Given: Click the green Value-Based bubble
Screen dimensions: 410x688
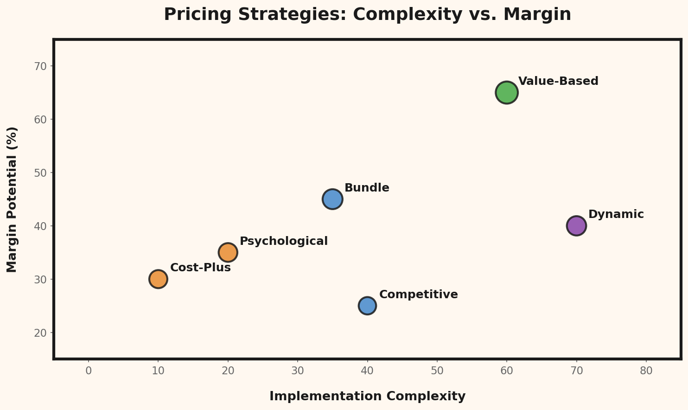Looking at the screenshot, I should pyautogui.click(x=507, y=92).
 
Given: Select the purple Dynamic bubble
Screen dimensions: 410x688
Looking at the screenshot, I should pyautogui.click(x=576, y=226).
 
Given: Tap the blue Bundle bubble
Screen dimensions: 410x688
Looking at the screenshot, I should pyautogui.click(x=332, y=199).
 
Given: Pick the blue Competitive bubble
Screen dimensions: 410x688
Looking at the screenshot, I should pyautogui.click(x=367, y=306).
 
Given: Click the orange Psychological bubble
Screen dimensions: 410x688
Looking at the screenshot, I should pyautogui.click(x=228, y=252).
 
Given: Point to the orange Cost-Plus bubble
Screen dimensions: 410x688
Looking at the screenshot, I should pyautogui.click(x=158, y=279).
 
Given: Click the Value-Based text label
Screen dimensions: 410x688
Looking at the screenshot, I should pyautogui.click(x=558, y=81).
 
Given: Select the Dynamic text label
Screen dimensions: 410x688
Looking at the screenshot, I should pyautogui.click(x=616, y=214).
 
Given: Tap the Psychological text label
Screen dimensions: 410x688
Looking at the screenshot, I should pyautogui.click(x=283, y=241).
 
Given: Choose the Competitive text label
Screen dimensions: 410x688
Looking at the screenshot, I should pyautogui.click(x=418, y=295).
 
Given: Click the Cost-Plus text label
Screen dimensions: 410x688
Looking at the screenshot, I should pyautogui.click(x=200, y=268).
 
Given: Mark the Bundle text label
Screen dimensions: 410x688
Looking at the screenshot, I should pyautogui.click(x=367, y=188).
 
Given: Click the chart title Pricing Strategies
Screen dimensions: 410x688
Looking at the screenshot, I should pyautogui.click(x=367, y=14).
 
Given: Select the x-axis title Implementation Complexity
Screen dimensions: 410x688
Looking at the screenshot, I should pyautogui.click(x=367, y=396).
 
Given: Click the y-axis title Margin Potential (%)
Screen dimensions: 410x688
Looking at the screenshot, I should pyautogui.click(x=12, y=199).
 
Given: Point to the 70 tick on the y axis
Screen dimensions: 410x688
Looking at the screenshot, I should pyautogui.click(x=41, y=66).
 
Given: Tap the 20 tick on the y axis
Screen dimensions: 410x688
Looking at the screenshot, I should pyautogui.click(x=41, y=333).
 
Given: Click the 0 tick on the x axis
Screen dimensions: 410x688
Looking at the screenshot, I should pyautogui.click(x=89, y=371).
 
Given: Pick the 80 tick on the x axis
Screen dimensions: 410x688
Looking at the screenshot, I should pyautogui.click(x=646, y=371).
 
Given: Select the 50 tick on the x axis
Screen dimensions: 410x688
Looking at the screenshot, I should pyautogui.click(x=437, y=371).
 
